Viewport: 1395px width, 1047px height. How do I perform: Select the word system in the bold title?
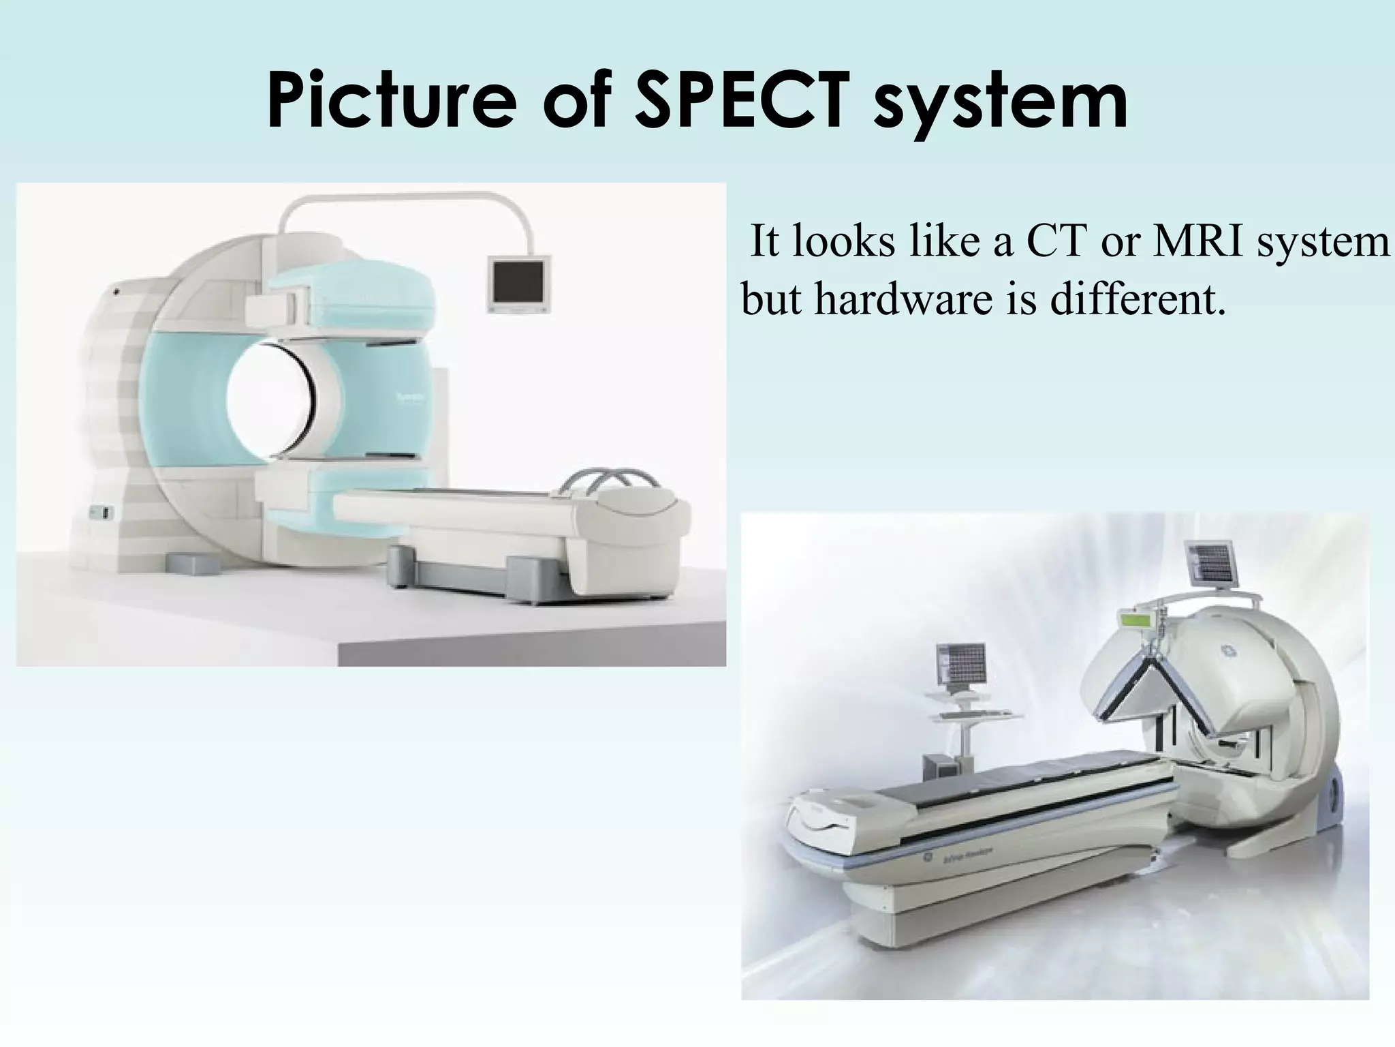click(x=1001, y=102)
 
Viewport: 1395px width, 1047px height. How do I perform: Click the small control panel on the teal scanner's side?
click(x=101, y=512)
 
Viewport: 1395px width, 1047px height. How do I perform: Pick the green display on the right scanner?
click(x=1138, y=622)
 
